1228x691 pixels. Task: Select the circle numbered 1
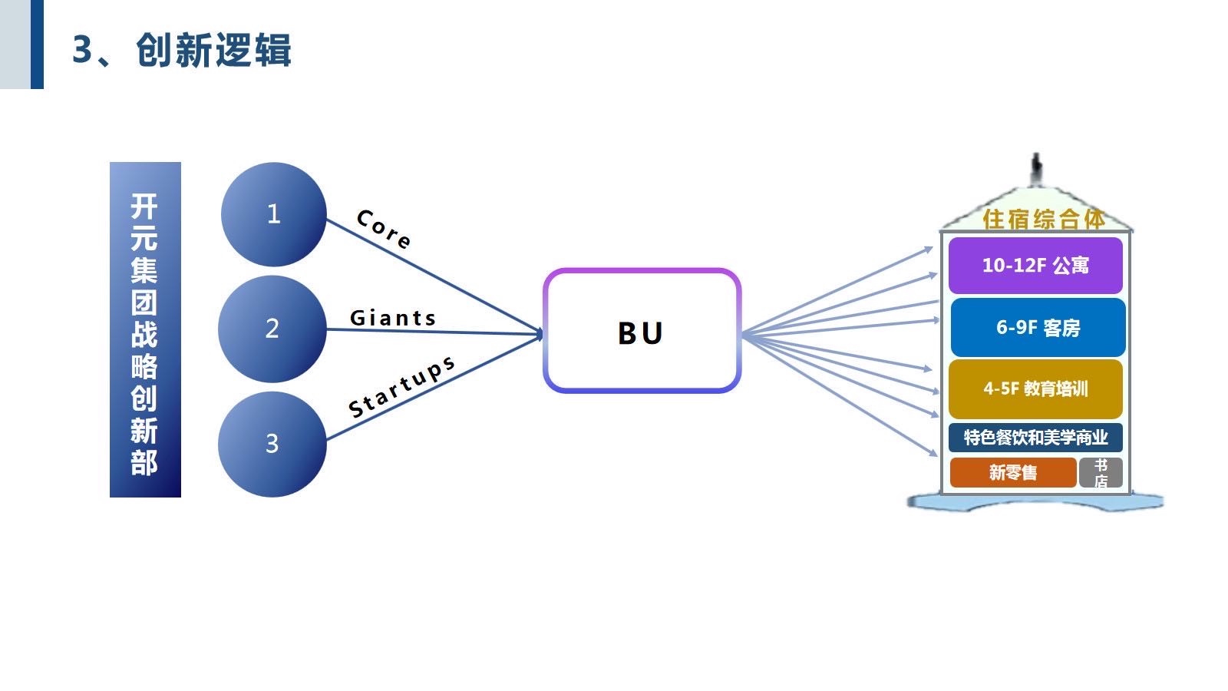point(273,214)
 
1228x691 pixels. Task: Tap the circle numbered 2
point(272,329)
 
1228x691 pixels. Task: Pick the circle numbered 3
point(272,444)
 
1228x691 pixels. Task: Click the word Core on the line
point(384,229)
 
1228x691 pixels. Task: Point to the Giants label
point(393,318)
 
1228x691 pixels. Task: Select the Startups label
point(401,387)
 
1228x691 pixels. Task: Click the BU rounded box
point(642,331)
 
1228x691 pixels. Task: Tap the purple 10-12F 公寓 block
point(1035,266)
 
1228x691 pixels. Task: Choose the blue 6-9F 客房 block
point(1038,328)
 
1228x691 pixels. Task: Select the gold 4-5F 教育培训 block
point(1035,388)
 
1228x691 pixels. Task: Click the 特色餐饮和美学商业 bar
point(1035,438)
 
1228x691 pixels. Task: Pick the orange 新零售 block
point(1012,472)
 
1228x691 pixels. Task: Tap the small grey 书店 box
point(1101,473)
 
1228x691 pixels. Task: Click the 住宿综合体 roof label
point(1044,220)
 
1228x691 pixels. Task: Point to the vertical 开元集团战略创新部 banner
point(145,330)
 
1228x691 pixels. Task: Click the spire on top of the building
point(1036,169)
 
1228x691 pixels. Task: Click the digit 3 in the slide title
point(82,51)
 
